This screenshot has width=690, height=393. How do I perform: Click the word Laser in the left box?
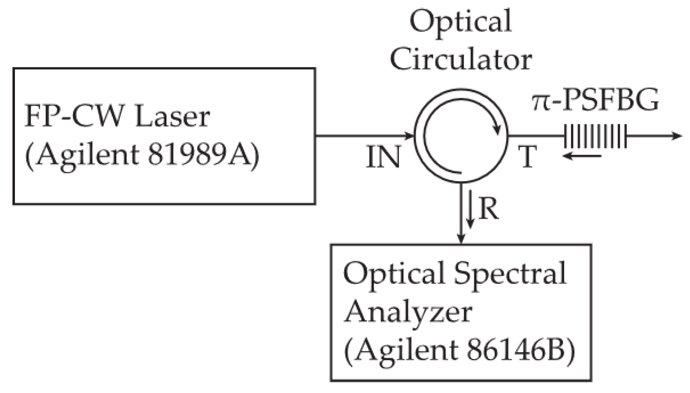[x=172, y=117]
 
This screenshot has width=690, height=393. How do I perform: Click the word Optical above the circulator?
[x=460, y=22]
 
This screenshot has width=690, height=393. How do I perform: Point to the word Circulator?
[x=460, y=59]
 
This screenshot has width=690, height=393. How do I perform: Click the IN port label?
[x=383, y=157]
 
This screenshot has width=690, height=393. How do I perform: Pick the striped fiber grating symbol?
[x=595, y=136]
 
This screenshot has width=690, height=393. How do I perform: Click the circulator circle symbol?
[x=460, y=136]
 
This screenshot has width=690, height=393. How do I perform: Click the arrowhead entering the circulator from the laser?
[x=409, y=135]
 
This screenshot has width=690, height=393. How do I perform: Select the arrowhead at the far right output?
[x=677, y=136]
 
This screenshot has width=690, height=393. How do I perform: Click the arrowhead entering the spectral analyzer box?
[x=460, y=238]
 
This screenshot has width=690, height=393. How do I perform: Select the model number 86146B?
[x=521, y=350]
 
